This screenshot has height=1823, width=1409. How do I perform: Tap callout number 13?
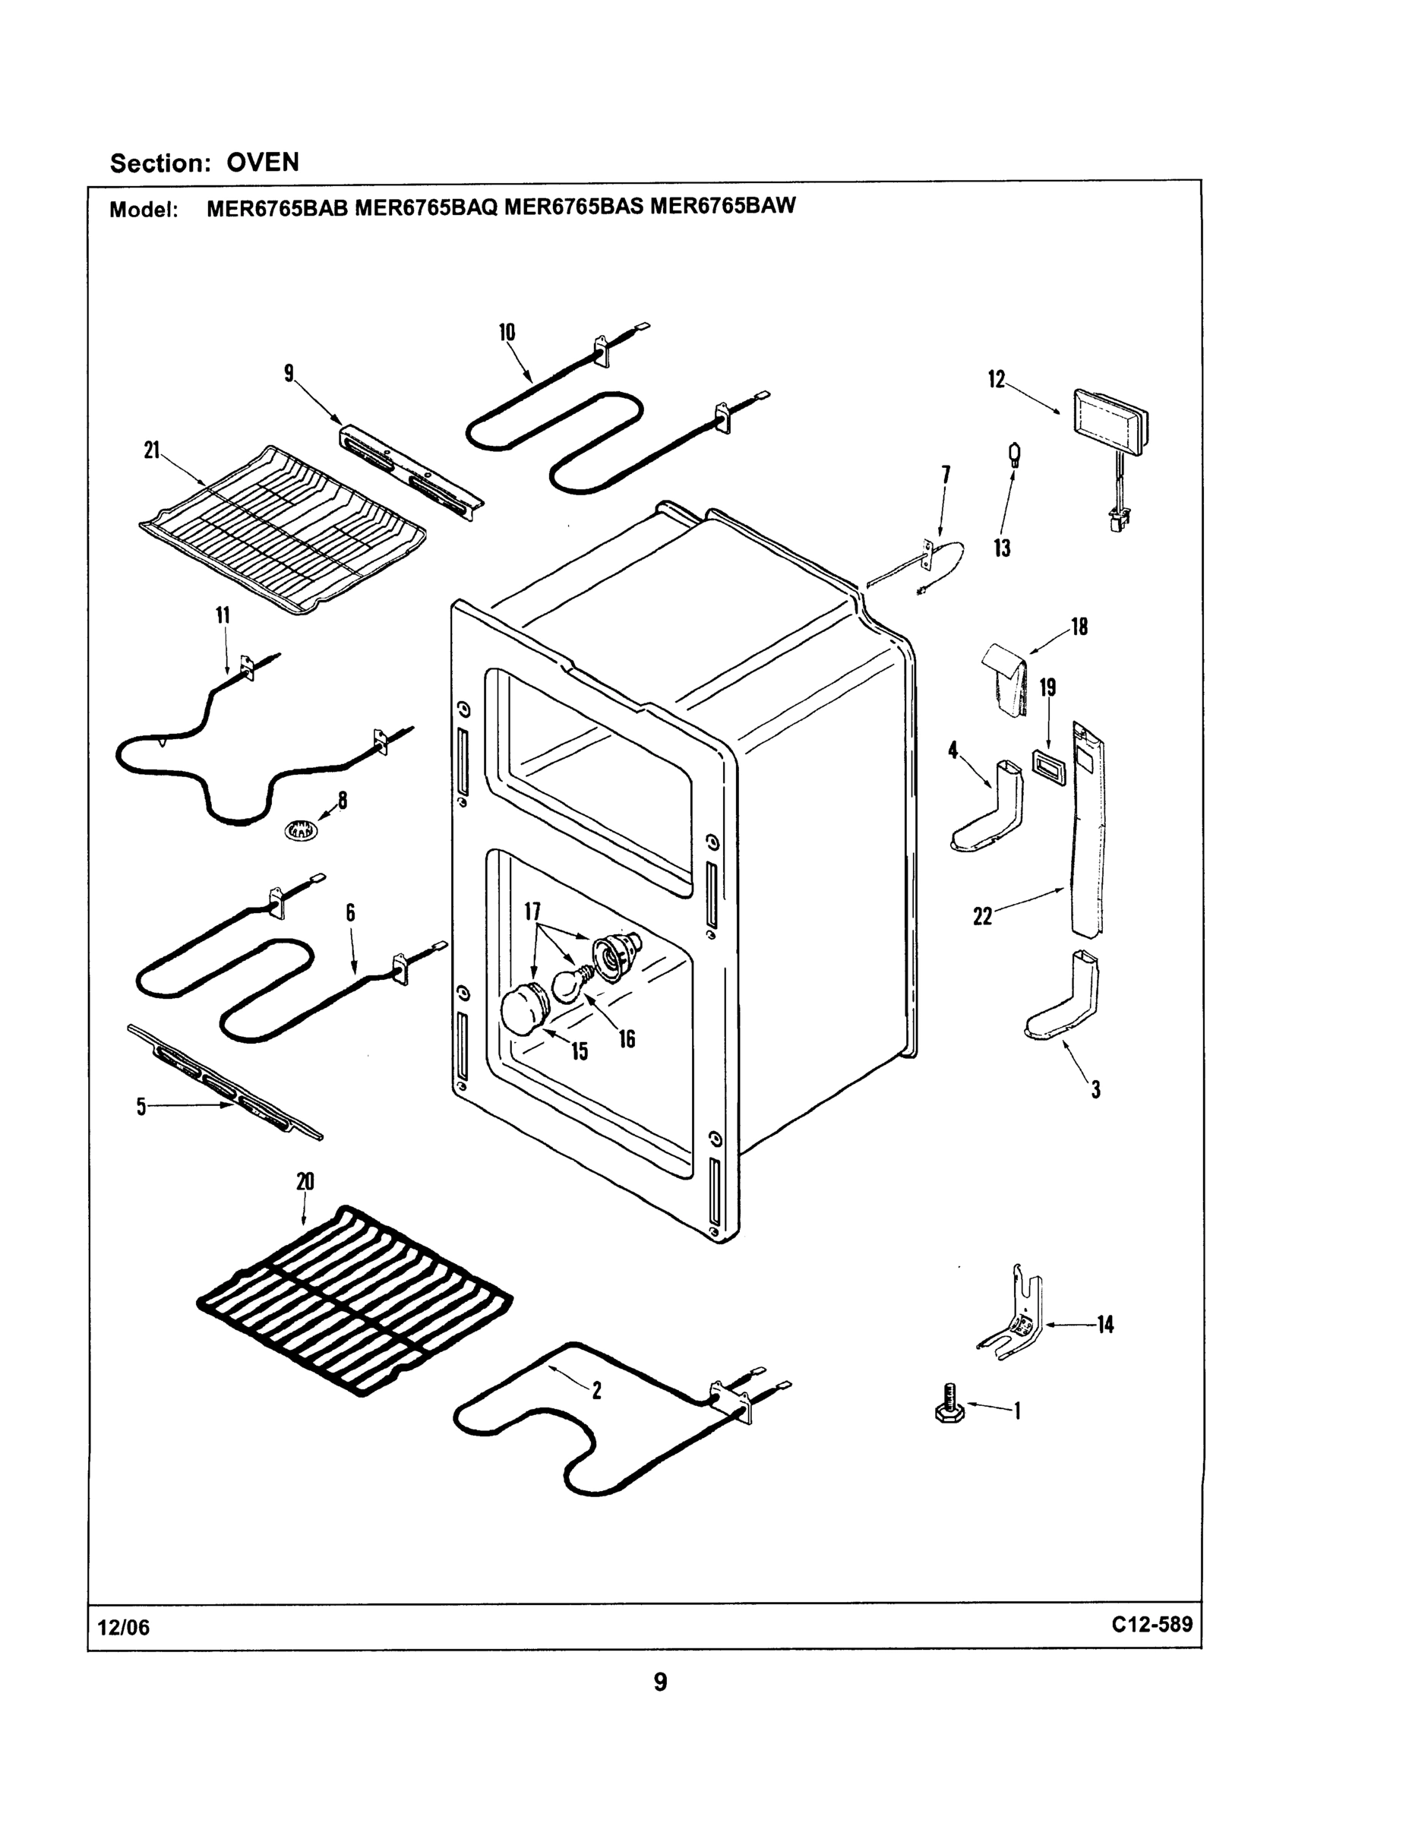point(1002,548)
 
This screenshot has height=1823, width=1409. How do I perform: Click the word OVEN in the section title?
point(263,162)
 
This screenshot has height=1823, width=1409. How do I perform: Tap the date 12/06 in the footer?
point(124,1628)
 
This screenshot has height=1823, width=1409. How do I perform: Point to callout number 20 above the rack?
point(305,1181)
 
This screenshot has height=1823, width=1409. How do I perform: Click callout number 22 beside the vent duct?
point(982,917)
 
